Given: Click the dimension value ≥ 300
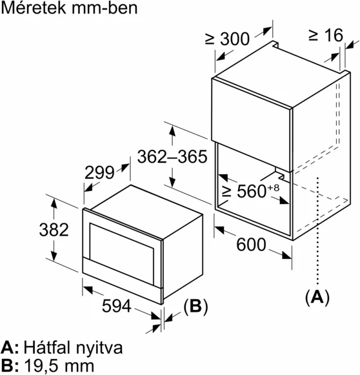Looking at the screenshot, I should [x=227, y=39].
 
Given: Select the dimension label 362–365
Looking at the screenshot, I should [x=172, y=157].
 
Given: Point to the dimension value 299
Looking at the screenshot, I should [x=99, y=173].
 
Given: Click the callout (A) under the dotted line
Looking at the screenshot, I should [x=316, y=296].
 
